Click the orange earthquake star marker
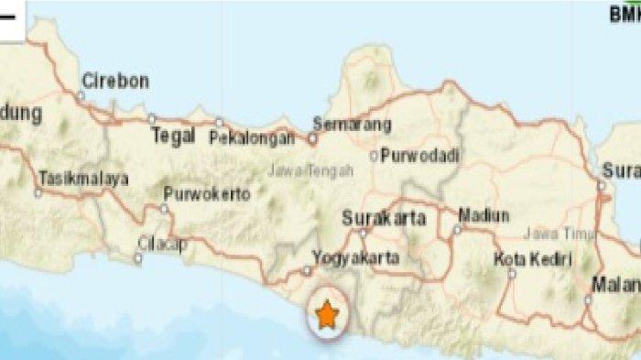click(x=326, y=316)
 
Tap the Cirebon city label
click(x=114, y=82)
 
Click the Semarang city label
click(x=352, y=125)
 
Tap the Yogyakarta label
click(x=355, y=258)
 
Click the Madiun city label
click(x=485, y=215)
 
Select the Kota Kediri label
click(x=532, y=257)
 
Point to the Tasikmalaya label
click(x=83, y=180)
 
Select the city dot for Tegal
click(x=152, y=117)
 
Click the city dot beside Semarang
click(x=312, y=140)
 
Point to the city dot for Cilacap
click(x=137, y=258)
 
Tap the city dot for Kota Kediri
click(x=512, y=272)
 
